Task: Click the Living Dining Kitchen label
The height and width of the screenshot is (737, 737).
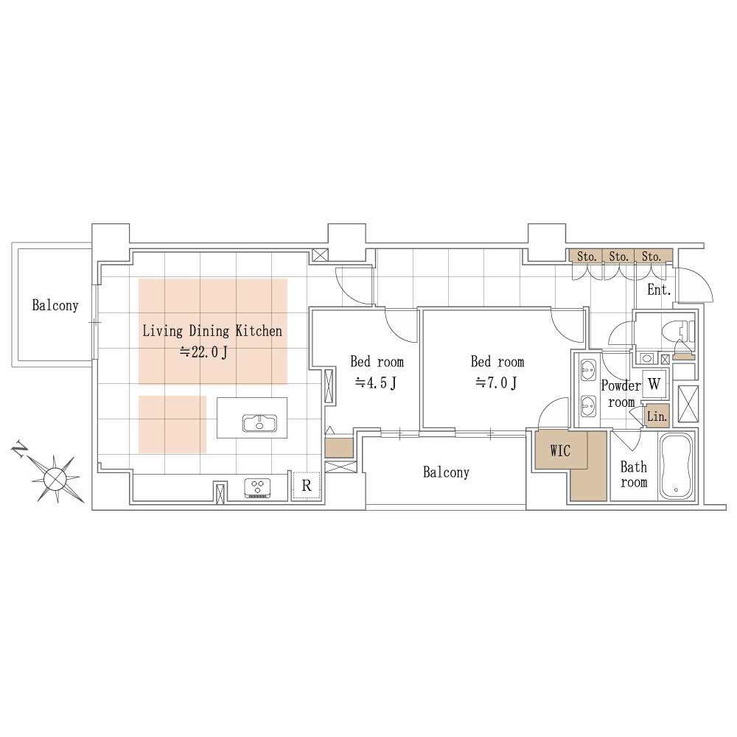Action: [212, 331]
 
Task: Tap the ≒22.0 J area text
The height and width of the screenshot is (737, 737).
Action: [203, 352]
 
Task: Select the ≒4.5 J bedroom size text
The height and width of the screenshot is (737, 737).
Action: [376, 383]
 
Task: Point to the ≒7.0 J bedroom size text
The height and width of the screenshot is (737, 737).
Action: [496, 383]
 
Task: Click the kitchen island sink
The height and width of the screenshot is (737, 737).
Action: [259, 422]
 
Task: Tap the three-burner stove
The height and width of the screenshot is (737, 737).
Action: [257, 488]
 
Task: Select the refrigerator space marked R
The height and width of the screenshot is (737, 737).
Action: [306, 486]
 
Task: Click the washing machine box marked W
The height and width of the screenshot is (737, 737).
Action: [654, 384]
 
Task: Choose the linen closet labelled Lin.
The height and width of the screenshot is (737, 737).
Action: [656, 416]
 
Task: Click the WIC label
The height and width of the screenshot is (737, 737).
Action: [560, 451]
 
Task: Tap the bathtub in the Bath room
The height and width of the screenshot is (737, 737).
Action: [676, 467]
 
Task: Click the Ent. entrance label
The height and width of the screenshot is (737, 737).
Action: [658, 290]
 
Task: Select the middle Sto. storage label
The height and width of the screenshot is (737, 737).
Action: [618, 256]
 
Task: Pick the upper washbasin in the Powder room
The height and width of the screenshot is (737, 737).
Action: [587, 371]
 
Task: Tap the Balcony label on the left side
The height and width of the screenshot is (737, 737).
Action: [55, 305]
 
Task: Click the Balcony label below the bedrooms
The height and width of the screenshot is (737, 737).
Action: [446, 472]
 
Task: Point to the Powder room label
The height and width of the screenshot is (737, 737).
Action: [621, 394]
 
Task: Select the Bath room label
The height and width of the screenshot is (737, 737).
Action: [634, 474]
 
